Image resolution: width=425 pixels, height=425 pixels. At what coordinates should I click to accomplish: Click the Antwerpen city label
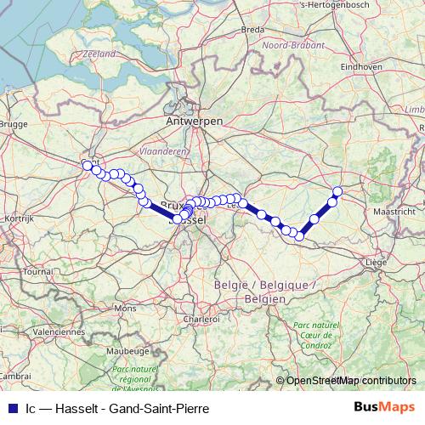click(195, 123)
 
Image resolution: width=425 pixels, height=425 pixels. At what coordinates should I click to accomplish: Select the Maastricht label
click(393, 210)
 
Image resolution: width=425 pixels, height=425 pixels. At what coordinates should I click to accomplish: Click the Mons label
click(124, 308)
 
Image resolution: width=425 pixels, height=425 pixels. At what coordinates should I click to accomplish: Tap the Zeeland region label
click(99, 54)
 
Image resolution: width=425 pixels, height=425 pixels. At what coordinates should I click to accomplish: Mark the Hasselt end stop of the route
click(337, 191)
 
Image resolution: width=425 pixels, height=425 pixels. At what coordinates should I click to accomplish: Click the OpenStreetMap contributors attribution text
click(351, 380)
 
